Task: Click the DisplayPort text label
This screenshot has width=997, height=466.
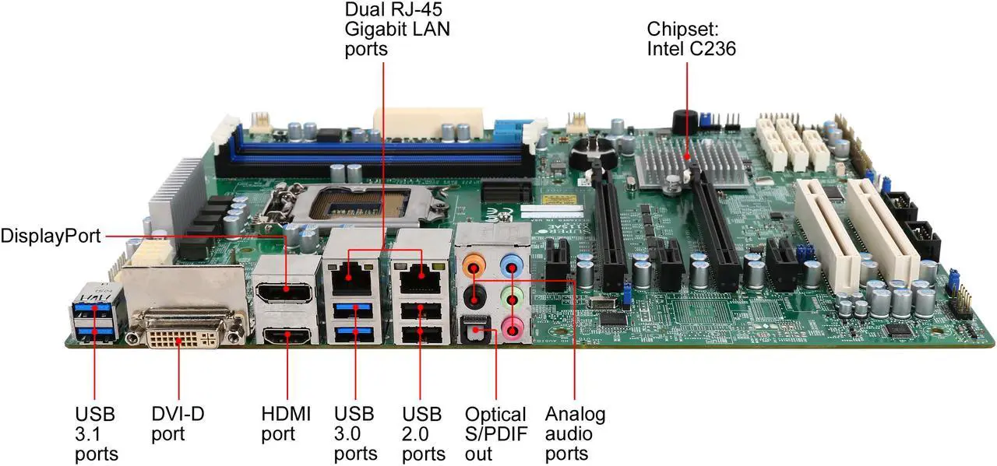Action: pos(51,235)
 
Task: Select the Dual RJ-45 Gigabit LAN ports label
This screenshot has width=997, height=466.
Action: pos(397,30)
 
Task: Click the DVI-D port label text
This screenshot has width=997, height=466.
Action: pos(178,423)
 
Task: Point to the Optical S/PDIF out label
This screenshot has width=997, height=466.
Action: pos(495,433)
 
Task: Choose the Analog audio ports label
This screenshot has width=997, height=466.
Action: pos(575,433)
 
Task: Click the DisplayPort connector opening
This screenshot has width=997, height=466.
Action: pos(287,293)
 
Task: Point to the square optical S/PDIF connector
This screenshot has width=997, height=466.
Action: pos(472,332)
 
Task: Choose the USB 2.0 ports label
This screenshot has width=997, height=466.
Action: pos(423,433)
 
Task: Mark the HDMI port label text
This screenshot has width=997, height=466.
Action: pos(286,423)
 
